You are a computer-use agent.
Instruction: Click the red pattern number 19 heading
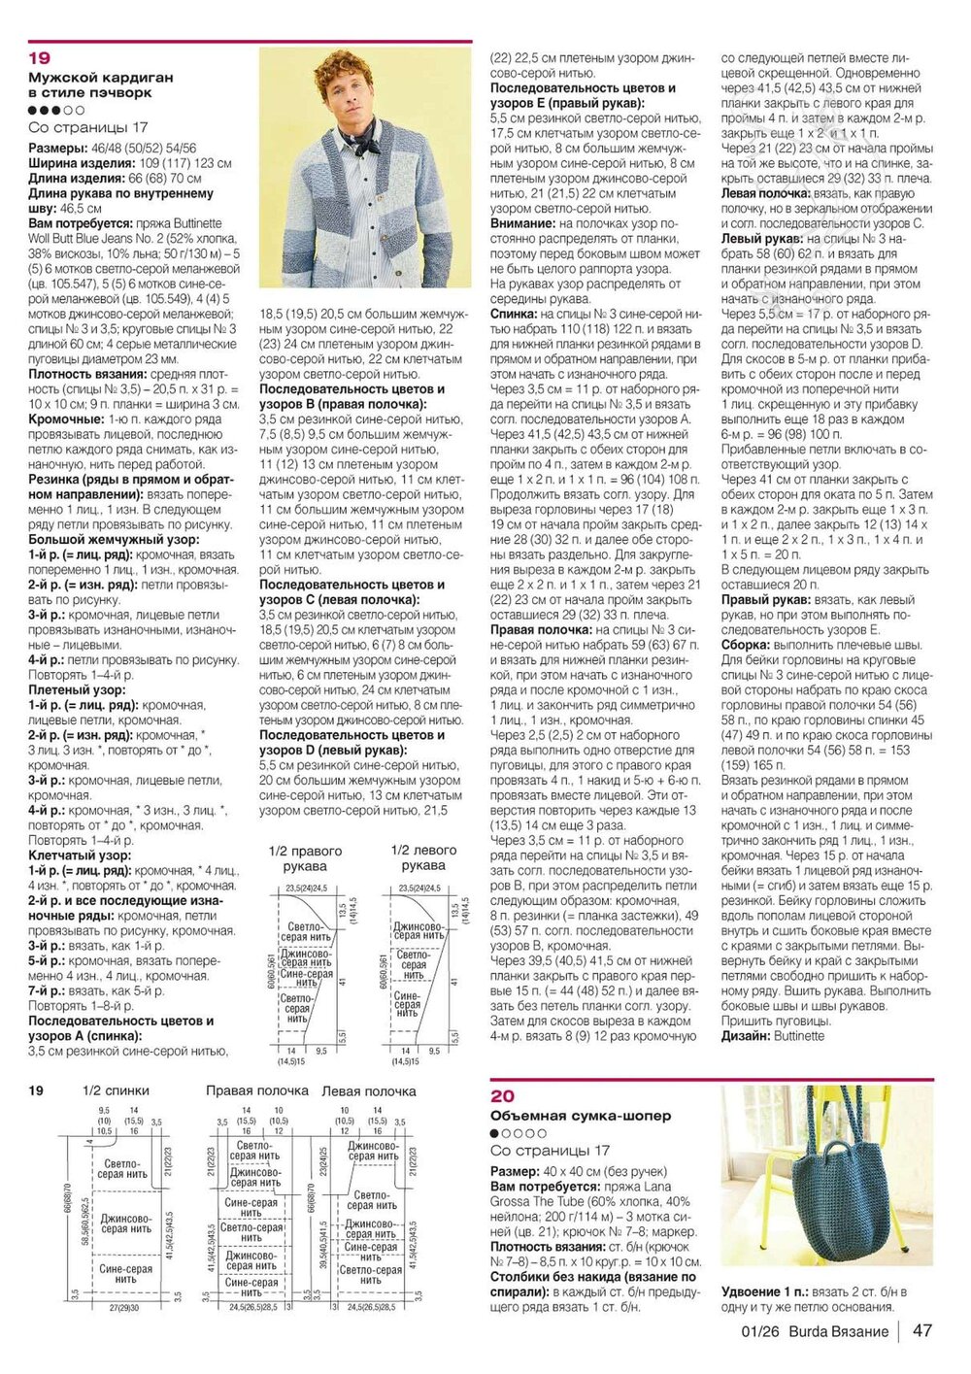[39, 58]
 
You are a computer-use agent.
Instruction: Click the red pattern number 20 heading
[502, 1096]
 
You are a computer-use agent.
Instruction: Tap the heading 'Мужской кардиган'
[101, 77]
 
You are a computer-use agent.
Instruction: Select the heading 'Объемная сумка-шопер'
[581, 1116]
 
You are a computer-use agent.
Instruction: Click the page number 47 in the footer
[921, 1330]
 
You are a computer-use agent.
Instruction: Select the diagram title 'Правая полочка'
[256, 1090]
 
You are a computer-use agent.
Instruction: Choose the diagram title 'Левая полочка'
[368, 1090]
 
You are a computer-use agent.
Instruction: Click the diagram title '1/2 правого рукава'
[305, 857]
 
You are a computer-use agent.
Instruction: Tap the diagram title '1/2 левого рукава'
[423, 857]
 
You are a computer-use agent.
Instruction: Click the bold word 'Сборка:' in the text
[746, 645]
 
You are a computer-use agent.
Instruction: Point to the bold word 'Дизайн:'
[746, 1036]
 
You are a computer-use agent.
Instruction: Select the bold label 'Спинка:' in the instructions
[515, 315]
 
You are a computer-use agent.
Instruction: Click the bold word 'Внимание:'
[522, 223]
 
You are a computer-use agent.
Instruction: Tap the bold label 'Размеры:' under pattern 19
[57, 149]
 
